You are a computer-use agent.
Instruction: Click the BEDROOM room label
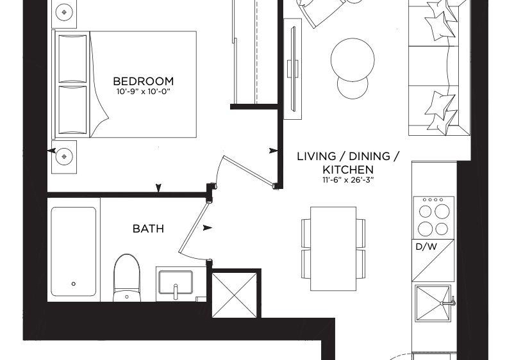(144, 81)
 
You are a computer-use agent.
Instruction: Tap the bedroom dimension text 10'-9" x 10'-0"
(144, 92)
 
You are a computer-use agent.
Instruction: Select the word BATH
(148, 229)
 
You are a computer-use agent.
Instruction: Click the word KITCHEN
(348, 170)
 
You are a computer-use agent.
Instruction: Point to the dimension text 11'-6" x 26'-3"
(348, 180)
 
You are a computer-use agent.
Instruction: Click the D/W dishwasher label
(426, 247)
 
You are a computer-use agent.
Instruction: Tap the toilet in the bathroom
(127, 278)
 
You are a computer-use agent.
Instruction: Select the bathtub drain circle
(74, 284)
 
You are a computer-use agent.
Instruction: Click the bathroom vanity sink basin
(176, 282)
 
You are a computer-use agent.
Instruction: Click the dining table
(333, 249)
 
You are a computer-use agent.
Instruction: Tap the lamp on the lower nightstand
(64, 156)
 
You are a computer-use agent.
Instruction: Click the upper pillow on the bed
(72, 58)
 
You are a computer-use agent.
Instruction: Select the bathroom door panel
(194, 228)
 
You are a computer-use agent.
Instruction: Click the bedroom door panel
(248, 170)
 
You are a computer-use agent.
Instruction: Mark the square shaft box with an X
(235, 295)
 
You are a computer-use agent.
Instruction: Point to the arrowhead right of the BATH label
(207, 227)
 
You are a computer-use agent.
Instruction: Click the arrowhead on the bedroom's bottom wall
(158, 188)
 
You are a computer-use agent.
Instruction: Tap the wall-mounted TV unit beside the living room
(293, 69)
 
